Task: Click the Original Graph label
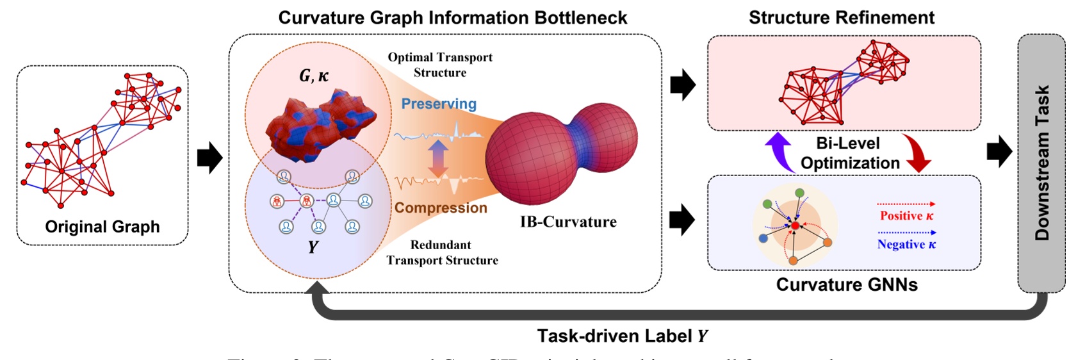102,227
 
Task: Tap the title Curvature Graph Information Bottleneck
452,17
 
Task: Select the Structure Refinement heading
841,17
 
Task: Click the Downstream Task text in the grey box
1041,163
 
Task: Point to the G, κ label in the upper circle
314,76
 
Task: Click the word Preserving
439,104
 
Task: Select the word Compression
441,208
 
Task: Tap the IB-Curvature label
568,222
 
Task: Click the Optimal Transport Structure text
440,65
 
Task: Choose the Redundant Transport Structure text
441,252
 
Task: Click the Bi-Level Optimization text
849,153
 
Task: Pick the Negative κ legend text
906,244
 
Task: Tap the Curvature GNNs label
846,284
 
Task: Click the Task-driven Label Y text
622,336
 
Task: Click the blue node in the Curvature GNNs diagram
763,238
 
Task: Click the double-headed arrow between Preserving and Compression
438,158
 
